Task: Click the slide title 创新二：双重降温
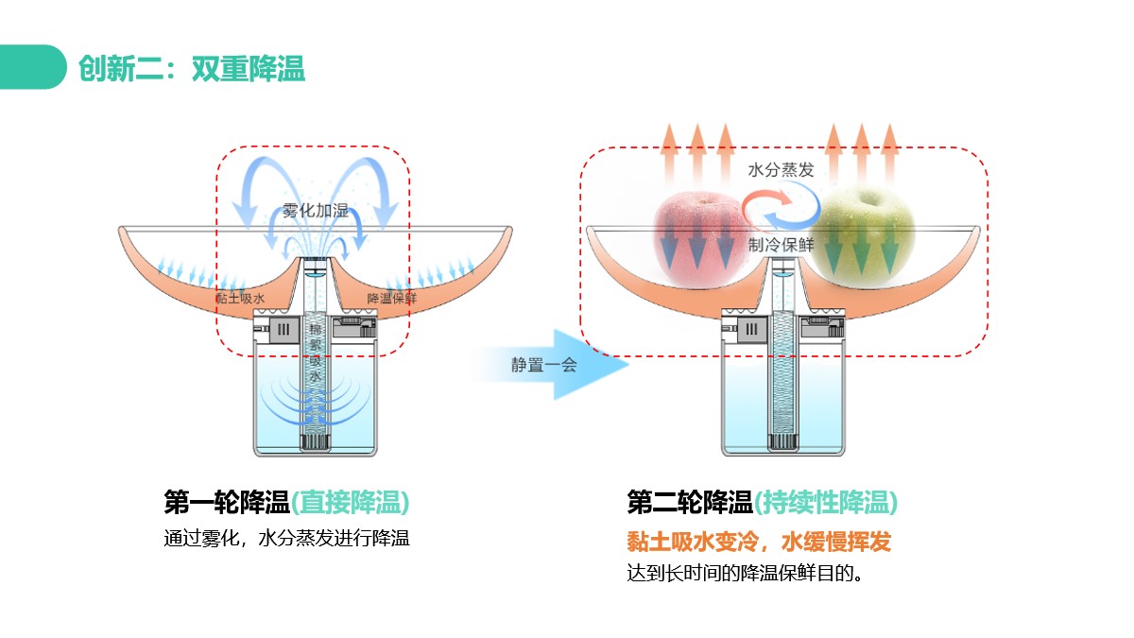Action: tap(192, 68)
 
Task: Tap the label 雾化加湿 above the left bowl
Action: tap(315, 211)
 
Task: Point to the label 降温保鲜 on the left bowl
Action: tap(392, 298)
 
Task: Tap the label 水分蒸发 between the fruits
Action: tap(780, 171)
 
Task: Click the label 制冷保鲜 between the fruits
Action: tap(781, 245)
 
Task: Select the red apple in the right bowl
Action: tap(696, 236)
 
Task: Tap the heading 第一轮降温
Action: tap(226, 502)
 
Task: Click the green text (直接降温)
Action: tap(350, 502)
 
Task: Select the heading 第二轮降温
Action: tap(689, 502)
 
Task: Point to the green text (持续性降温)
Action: tap(825, 502)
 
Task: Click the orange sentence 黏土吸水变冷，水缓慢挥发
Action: tap(759, 542)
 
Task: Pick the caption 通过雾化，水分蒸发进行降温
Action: tap(286, 540)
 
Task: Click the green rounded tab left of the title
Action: tap(32, 67)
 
